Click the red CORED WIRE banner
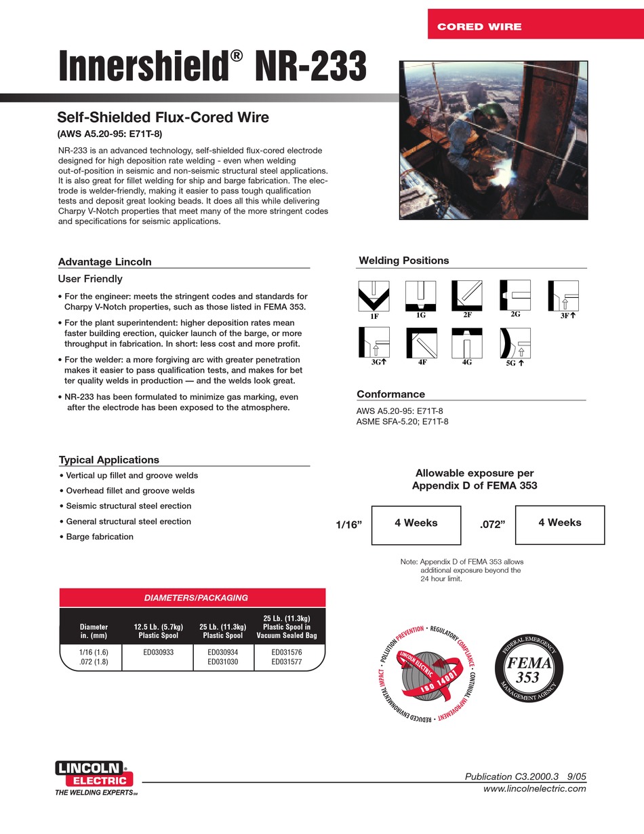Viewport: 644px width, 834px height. (536, 26)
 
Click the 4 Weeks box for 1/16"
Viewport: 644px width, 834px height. (416, 525)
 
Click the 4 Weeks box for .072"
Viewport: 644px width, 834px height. (559, 525)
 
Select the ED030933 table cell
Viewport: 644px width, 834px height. (158, 652)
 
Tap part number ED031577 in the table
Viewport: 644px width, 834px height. (290, 661)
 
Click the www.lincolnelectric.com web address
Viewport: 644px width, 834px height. (534, 789)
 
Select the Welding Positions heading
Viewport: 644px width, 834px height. (403, 261)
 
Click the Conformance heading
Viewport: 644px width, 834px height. (390, 394)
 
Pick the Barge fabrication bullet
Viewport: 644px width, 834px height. (99, 537)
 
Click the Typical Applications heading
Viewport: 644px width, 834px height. (108, 460)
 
